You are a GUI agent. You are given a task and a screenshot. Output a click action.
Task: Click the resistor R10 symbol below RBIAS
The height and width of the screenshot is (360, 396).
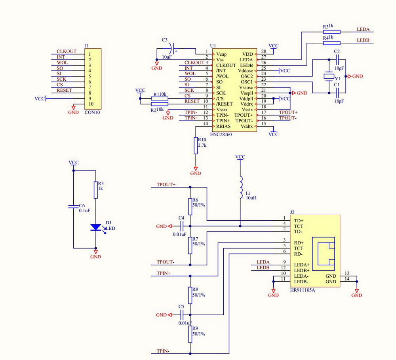[x=195, y=146]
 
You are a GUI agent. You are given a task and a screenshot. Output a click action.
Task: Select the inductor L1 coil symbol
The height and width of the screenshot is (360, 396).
[x=240, y=188]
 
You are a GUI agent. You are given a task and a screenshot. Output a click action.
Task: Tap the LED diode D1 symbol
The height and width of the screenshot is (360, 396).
[x=96, y=227]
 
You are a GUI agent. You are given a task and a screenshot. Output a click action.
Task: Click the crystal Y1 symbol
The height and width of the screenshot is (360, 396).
[x=329, y=76]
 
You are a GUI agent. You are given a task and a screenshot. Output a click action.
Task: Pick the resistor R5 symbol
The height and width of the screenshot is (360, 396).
[x=95, y=190]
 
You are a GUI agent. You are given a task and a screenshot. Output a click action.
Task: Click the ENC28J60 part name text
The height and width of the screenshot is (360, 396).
[x=221, y=135]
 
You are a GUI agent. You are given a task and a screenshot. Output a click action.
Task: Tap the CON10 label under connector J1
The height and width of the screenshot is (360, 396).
[x=93, y=112]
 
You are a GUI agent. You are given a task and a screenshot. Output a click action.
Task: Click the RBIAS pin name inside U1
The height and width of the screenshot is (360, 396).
[x=224, y=126]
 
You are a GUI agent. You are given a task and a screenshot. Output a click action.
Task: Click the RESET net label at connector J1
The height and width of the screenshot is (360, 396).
[x=64, y=90]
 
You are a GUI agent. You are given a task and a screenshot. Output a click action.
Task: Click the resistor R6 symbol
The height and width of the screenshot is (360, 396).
[x=190, y=207]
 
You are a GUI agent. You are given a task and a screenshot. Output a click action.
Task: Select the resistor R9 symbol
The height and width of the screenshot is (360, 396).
[x=190, y=334]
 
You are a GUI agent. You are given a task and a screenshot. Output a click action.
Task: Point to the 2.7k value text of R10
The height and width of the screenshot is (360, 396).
[x=202, y=146]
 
